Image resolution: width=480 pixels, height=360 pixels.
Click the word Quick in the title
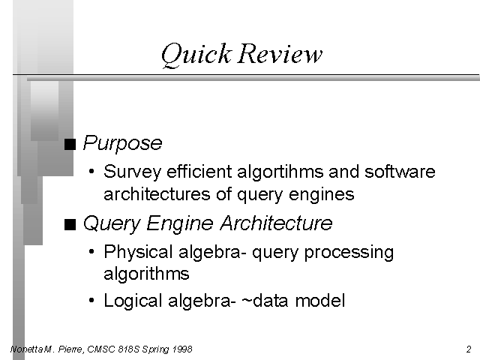tap(196, 55)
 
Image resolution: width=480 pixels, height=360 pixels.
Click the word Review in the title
tap(280, 53)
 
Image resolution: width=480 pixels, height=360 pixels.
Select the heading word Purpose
tap(122, 143)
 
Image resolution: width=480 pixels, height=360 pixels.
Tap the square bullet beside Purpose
tap(70, 144)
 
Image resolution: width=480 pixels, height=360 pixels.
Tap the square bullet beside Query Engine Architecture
tap(70, 224)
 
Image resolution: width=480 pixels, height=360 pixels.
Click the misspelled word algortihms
tap(280, 172)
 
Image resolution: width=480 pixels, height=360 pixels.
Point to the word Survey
tap(132, 172)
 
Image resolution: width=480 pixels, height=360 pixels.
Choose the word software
tap(400, 172)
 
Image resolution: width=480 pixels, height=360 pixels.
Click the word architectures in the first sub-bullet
tap(157, 193)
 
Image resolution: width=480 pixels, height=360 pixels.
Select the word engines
tap(322, 195)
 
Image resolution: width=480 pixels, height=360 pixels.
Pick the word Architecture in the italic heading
tap(276, 223)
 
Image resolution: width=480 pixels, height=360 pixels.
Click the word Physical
tap(138, 252)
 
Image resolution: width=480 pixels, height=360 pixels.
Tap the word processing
tap(349, 253)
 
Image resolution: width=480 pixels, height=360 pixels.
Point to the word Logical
tap(133, 301)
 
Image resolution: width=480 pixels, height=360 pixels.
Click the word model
tap(320, 300)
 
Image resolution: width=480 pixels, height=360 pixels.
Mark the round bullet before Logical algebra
tap(91, 300)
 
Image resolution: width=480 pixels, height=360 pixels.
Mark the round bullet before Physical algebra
tap(91, 252)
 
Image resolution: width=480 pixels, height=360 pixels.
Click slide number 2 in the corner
tap(469, 349)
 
